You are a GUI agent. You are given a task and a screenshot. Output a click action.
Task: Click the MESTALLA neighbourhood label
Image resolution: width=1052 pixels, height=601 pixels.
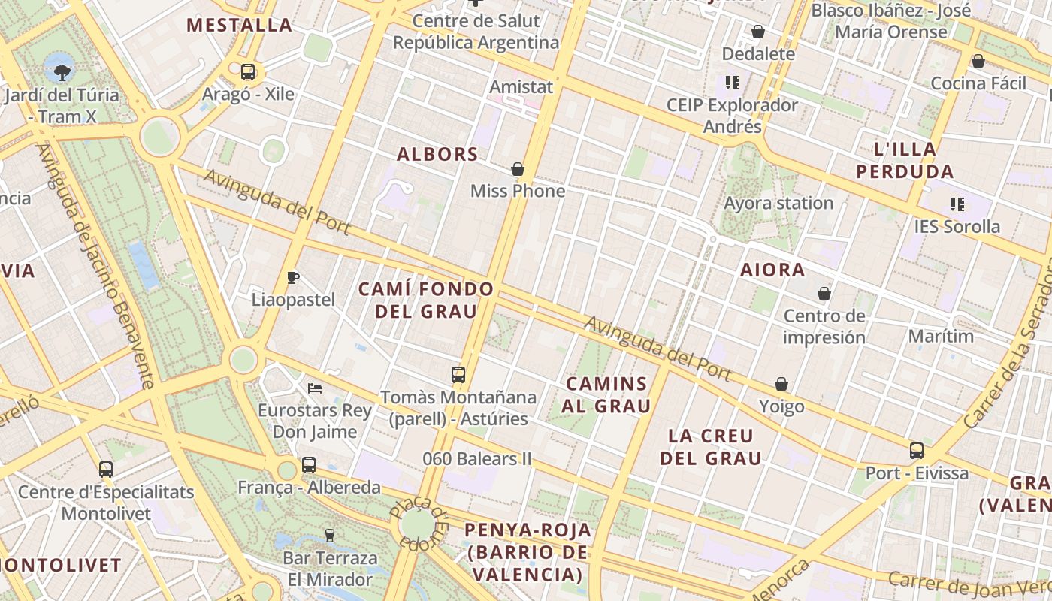(x=239, y=25)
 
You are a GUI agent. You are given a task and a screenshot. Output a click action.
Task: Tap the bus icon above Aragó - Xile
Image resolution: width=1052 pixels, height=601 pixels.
(x=248, y=72)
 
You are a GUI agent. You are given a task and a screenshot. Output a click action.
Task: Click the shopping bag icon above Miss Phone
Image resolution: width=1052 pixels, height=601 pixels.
(x=517, y=169)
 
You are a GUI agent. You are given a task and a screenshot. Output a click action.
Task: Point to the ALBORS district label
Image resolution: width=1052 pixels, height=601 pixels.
(x=437, y=154)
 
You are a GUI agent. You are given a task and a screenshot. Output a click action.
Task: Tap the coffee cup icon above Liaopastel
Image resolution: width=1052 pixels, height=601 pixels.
(x=293, y=278)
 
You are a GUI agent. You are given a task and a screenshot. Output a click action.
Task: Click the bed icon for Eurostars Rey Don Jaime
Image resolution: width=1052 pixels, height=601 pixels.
(x=315, y=388)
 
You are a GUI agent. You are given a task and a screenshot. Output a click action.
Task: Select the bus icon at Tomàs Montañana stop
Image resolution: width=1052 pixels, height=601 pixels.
(x=458, y=374)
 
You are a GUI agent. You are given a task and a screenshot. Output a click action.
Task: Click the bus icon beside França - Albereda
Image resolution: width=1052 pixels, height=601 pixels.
(x=309, y=465)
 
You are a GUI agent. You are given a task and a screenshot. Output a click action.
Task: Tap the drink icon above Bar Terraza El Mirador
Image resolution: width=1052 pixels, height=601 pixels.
(x=329, y=536)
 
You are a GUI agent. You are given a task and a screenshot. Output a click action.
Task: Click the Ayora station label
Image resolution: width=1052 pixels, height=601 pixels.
(x=778, y=203)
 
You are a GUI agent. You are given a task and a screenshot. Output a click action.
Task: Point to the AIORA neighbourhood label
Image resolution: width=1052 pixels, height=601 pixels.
(x=772, y=270)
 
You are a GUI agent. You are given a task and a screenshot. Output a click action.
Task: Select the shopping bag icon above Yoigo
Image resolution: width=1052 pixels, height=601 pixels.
(x=781, y=385)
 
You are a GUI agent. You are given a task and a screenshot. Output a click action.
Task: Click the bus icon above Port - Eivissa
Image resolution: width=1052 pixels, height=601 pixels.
(x=917, y=451)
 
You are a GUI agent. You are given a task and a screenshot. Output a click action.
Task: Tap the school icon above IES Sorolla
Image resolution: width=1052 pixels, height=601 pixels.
(x=957, y=204)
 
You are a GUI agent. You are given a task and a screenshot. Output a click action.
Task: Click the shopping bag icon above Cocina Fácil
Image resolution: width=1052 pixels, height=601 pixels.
(x=978, y=61)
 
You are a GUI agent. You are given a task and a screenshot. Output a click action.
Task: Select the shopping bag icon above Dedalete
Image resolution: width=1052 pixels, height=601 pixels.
(x=758, y=32)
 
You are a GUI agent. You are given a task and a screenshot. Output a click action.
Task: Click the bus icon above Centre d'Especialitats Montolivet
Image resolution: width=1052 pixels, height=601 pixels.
(x=106, y=470)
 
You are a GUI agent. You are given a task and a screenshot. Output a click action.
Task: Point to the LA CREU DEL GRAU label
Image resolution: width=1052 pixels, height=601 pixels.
(x=710, y=446)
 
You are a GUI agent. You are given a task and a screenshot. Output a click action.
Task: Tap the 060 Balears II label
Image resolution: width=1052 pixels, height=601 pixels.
(x=476, y=458)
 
